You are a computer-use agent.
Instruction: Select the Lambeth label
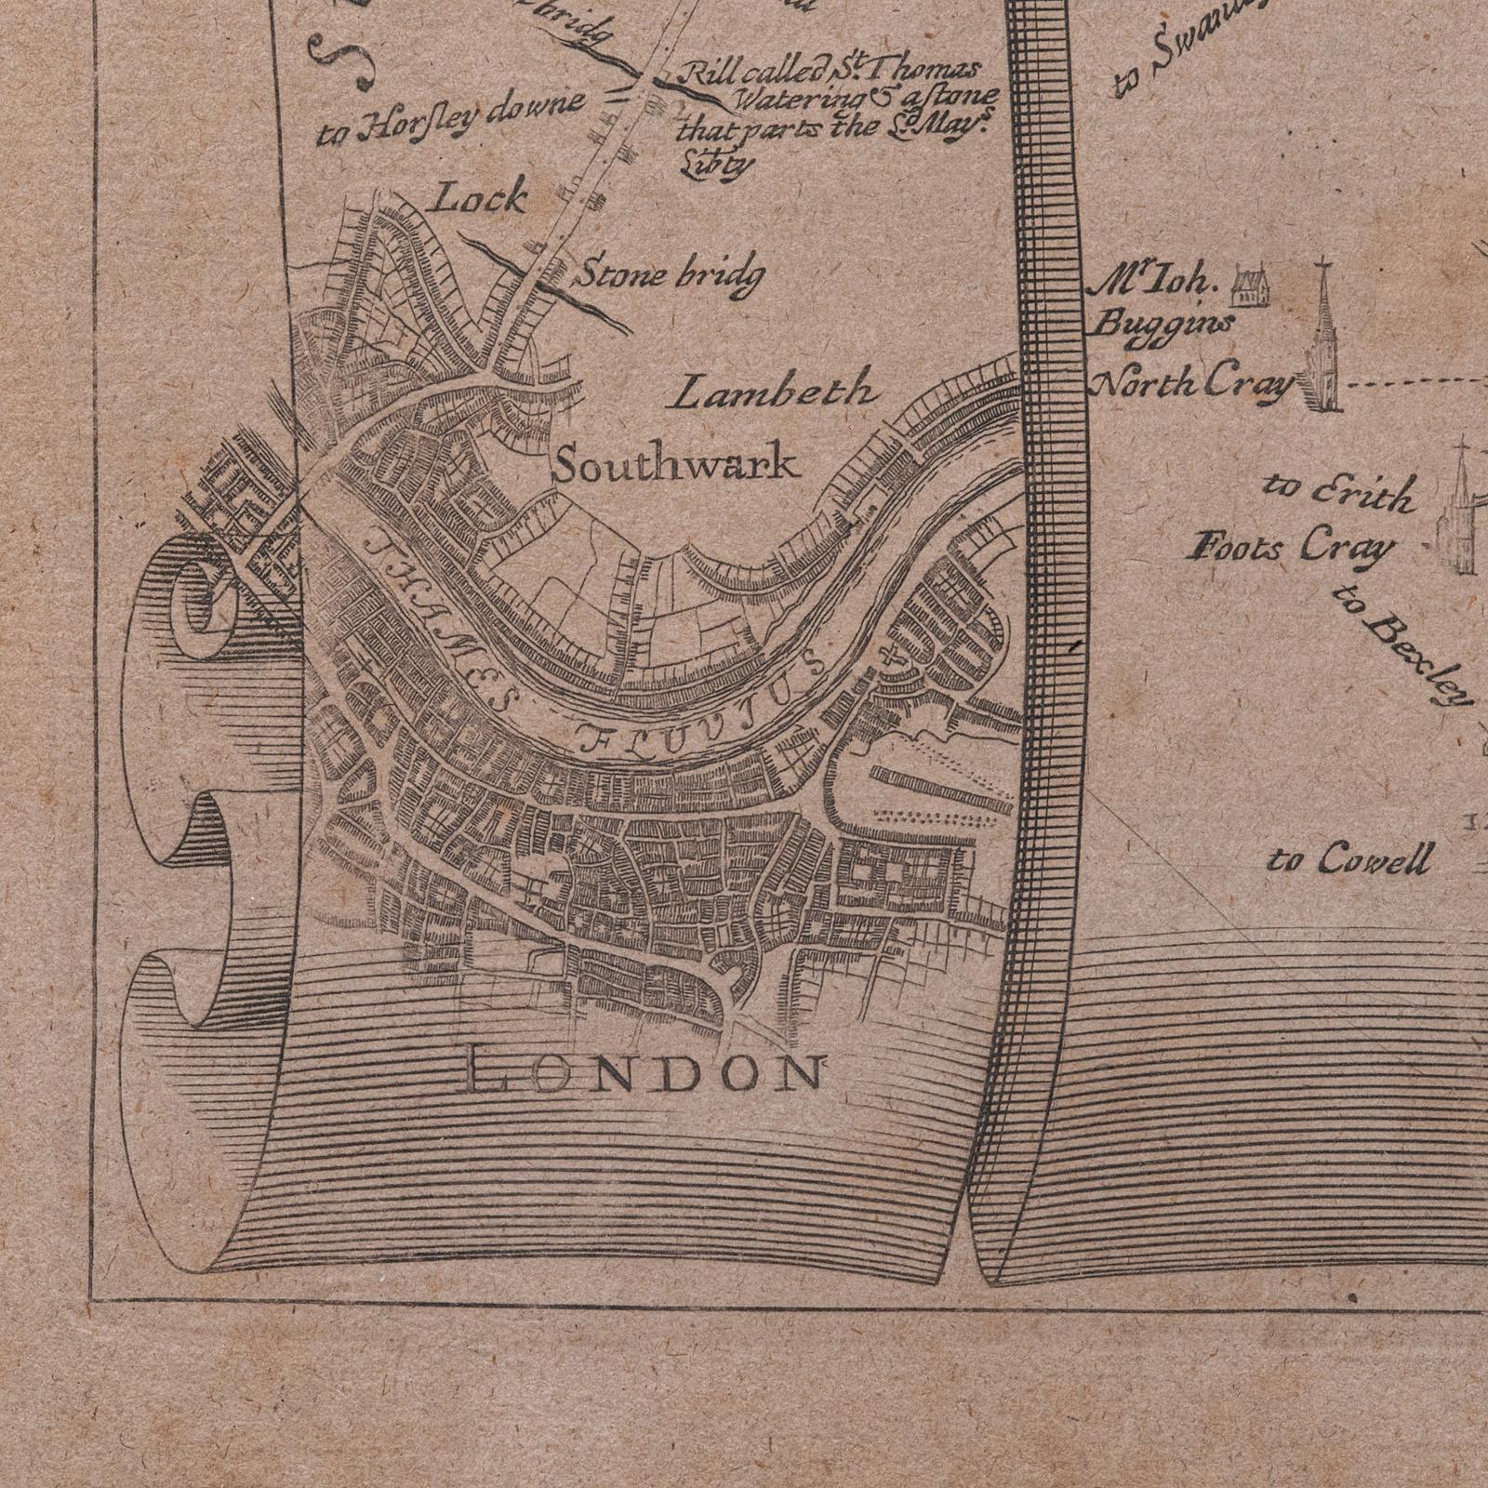774,391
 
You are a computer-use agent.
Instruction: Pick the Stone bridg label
673,276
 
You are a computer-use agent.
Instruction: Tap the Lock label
481,197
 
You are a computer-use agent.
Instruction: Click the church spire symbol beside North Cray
1323,344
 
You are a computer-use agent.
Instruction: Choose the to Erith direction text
1339,492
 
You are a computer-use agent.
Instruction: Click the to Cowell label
1348,859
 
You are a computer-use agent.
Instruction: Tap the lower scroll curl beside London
186,986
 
